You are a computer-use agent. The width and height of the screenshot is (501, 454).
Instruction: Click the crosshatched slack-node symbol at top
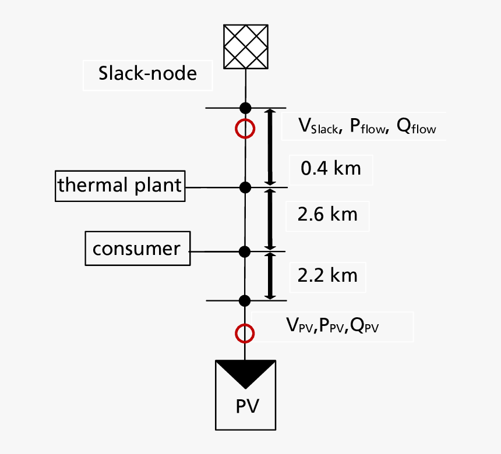click(x=245, y=46)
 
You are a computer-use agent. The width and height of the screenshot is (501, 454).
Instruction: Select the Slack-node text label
click(x=147, y=74)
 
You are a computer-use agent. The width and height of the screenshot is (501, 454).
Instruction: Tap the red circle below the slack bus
click(x=245, y=129)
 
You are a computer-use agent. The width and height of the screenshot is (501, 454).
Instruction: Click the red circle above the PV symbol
click(x=245, y=333)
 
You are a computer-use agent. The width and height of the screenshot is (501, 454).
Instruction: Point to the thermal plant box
click(x=120, y=186)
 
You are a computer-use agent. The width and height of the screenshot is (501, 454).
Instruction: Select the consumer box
click(x=137, y=249)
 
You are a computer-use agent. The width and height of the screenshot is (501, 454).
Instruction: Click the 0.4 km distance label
click(x=330, y=168)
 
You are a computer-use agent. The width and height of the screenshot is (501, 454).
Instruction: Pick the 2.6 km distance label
click(x=327, y=215)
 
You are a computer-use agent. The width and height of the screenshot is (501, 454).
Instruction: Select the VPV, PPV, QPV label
click(x=333, y=326)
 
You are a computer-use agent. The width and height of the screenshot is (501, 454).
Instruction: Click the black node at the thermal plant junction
click(x=245, y=187)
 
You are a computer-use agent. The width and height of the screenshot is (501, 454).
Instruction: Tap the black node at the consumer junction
click(x=245, y=251)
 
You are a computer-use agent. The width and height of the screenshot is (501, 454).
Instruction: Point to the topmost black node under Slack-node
click(x=245, y=108)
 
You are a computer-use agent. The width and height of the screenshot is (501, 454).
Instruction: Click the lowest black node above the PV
click(x=245, y=300)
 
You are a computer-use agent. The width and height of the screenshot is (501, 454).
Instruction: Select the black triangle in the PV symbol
click(x=245, y=373)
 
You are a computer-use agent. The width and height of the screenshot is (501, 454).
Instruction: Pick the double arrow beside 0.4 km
click(x=270, y=147)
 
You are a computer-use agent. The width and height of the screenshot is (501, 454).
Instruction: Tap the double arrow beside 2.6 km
click(x=270, y=219)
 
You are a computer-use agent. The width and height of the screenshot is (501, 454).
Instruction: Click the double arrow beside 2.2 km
click(x=270, y=276)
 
